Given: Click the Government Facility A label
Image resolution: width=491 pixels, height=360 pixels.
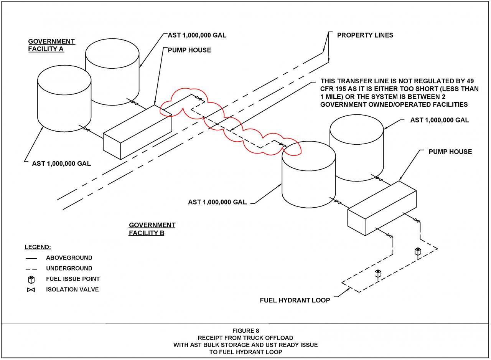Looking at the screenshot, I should point(51,45).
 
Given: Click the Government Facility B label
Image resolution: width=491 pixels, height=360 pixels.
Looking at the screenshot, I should point(152,229).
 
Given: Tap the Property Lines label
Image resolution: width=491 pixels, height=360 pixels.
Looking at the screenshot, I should point(365,35).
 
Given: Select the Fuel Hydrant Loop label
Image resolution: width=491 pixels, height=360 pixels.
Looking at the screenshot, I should point(295,300).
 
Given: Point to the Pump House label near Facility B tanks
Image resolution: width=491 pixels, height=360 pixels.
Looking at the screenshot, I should point(450,152).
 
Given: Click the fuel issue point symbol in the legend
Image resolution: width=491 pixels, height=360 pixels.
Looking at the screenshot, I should point(31,279).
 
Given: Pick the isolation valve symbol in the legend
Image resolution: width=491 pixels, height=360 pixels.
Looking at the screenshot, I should point(31,290).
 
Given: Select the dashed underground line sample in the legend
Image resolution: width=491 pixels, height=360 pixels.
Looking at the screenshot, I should point(31,269).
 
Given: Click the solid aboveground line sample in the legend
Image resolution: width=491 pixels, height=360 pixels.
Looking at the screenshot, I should point(31,258).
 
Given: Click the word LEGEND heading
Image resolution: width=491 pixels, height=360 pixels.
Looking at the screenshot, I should point(38,247).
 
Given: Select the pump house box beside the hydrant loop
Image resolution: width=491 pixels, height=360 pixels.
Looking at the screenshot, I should point(382,208).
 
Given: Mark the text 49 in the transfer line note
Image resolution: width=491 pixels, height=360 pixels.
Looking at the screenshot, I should point(470,81).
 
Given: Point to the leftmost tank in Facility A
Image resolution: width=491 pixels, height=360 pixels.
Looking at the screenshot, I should point(64,98).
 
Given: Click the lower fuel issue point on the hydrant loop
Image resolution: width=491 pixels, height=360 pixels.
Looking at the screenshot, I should point(378,273).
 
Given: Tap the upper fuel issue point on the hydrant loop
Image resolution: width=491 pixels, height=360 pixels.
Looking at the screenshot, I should point(418,251).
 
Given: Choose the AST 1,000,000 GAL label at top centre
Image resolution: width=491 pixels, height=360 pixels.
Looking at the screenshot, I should point(197,35).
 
